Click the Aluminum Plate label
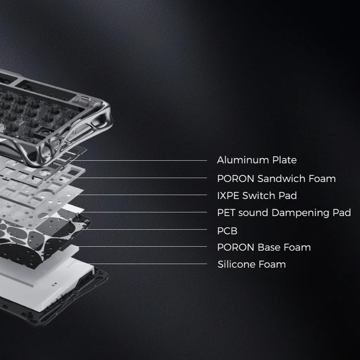click(256, 160)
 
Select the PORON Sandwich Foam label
click(276, 178)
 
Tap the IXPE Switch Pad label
click(257, 196)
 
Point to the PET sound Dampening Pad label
click(284, 213)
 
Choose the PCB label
click(227, 231)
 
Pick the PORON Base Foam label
click(264, 247)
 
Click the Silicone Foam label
click(252, 264)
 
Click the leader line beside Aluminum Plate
click(138, 160)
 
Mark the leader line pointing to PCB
click(144, 229)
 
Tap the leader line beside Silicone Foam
click(141, 264)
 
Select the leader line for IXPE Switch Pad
click(141, 195)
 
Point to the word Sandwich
click(281, 178)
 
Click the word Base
click(269, 247)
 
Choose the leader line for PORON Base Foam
click(143, 246)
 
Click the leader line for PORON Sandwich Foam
click(141, 178)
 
